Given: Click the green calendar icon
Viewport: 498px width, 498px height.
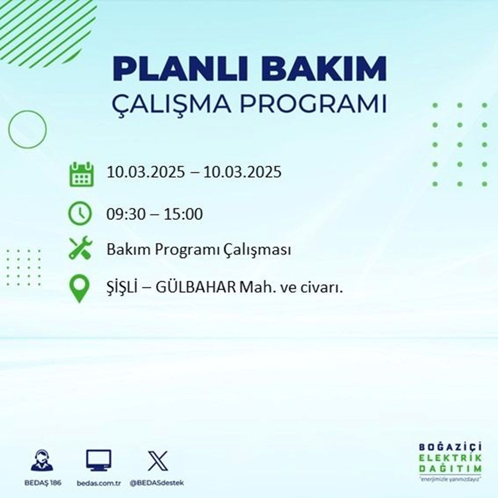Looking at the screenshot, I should point(81,174).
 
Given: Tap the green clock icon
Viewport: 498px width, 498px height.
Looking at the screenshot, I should point(81,214).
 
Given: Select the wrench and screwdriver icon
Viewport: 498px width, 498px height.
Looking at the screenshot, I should point(81,249).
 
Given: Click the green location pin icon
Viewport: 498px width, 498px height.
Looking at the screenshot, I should point(81,289).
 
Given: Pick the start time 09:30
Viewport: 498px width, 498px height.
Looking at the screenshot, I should point(122,215).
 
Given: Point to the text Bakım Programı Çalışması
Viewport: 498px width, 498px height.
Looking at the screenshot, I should point(198,250).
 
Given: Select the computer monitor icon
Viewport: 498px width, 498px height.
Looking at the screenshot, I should point(99,460).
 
